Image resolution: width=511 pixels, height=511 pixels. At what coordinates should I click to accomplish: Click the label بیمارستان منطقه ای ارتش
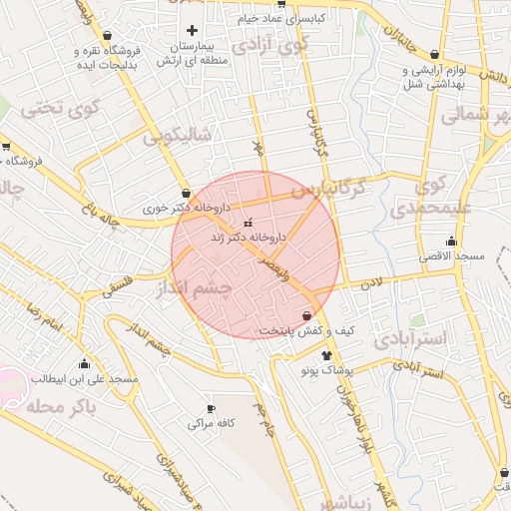point(188,54)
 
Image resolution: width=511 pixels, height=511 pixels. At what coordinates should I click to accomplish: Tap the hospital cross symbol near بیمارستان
point(192,30)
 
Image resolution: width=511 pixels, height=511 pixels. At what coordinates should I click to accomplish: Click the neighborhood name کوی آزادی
point(270,45)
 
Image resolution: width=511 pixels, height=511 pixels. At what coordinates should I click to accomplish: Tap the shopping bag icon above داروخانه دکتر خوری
point(186,193)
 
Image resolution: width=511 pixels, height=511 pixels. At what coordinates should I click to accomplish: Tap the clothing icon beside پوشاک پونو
point(326,354)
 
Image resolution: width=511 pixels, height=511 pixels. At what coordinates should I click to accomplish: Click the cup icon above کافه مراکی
point(210,408)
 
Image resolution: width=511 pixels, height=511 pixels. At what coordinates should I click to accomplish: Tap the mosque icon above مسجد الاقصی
point(451,241)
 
